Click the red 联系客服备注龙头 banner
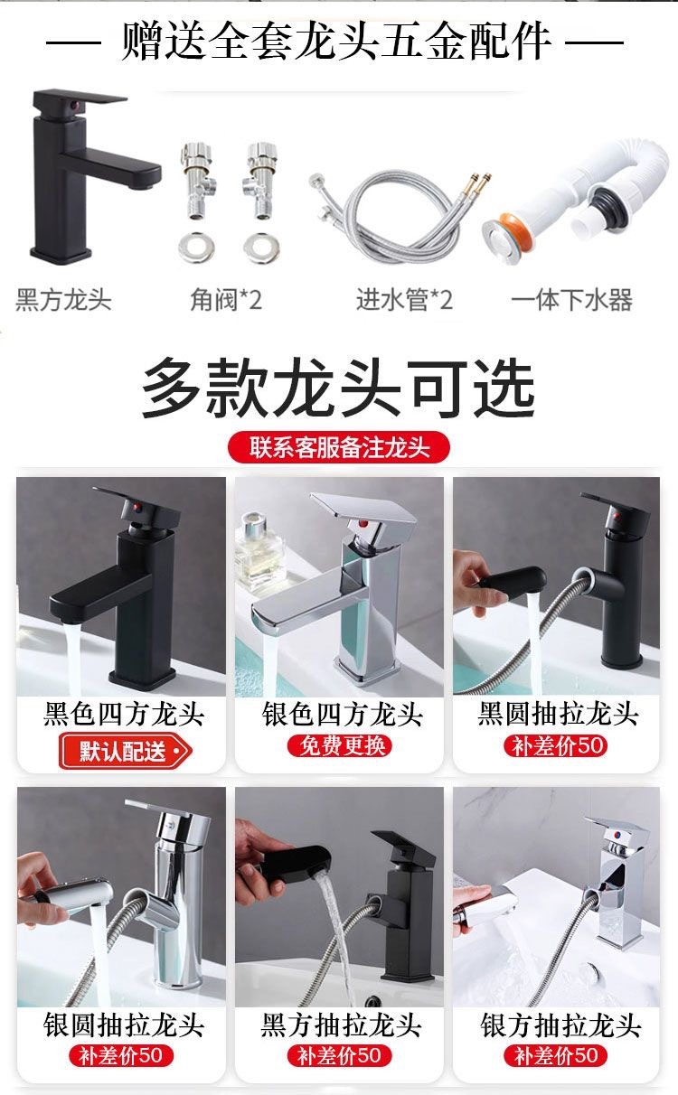click(339, 447)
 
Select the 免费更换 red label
click(340, 745)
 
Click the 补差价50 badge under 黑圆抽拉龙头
click(557, 746)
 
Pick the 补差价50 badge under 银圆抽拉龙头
click(121, 1055)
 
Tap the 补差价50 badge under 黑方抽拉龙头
click(340, 1055)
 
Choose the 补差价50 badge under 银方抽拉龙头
click(557, 1055)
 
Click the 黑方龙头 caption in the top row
click(63, 300)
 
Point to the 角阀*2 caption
click(226, 300)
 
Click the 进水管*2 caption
click(404, 300)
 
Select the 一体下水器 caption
click(571, 300)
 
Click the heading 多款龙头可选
click(339, 389)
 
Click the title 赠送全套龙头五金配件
click(336, 41)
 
